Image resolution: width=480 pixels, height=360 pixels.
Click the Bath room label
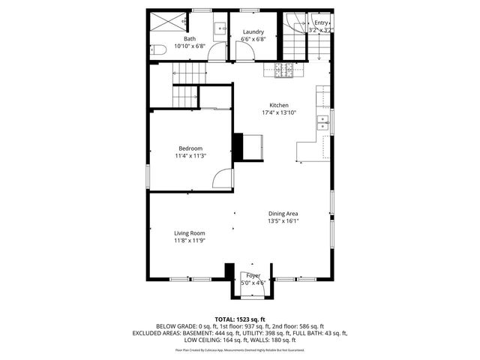pos(190,39)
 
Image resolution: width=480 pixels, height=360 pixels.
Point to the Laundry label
pos(253,32)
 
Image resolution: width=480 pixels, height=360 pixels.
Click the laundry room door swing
pos(244,50)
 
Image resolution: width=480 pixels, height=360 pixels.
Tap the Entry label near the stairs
pos(321,23)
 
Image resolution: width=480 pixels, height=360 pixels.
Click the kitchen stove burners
pos(285,71)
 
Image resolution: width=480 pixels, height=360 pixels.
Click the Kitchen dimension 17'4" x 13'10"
pos(279,113)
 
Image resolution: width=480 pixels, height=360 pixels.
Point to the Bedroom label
pos(190,148)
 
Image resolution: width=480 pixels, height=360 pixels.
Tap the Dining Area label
pos(283,214)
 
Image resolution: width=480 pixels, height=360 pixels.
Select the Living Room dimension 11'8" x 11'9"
pos(190,241)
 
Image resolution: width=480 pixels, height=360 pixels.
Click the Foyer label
pos(253,276)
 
